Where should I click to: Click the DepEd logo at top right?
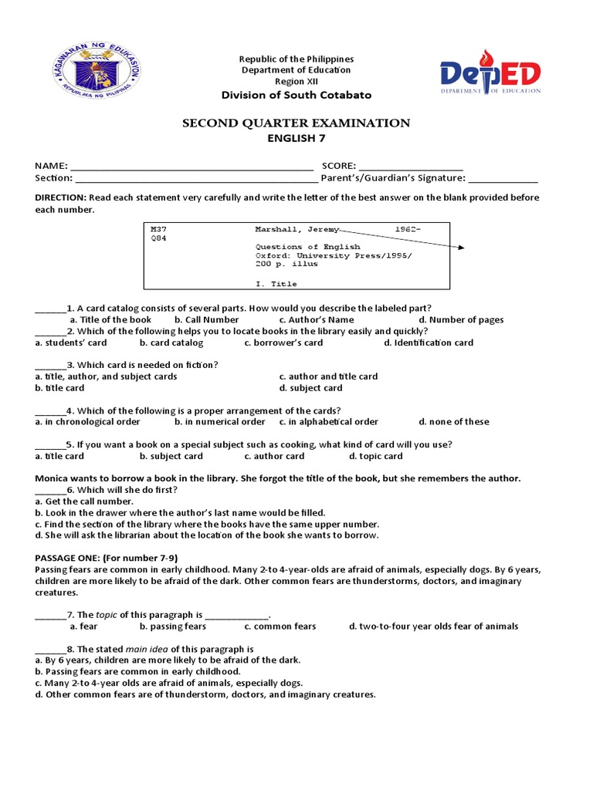coord(490,75)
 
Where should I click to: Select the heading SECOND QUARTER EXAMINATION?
coord(296,123)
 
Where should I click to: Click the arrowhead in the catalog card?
coord(462,248)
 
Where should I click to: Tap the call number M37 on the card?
coord(158,229)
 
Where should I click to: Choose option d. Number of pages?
coord(461,319)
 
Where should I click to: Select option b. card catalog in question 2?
coord(171,343)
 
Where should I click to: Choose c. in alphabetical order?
coord(329,422)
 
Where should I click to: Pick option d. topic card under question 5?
coord(375,456)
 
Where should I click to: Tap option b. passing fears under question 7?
coord(162,626)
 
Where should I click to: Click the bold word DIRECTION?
coord(61,197)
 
